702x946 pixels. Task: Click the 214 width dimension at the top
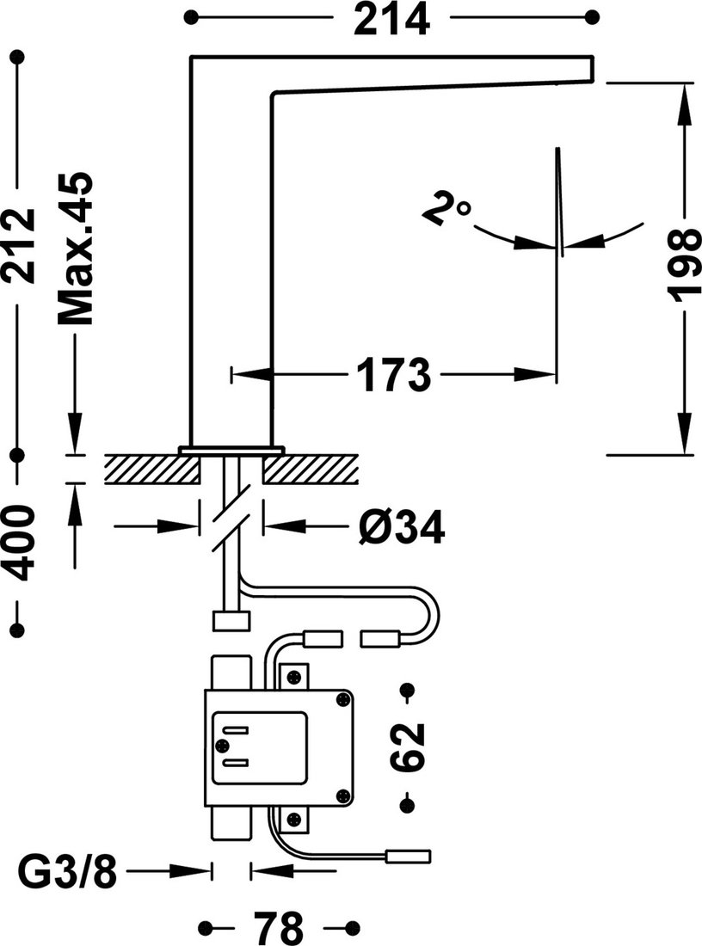click(x=391, y=19)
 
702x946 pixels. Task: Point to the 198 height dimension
click(x=686, y=264)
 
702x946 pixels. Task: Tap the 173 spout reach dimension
click(x=393, y=375)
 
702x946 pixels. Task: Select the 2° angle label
click(x=446, y=209)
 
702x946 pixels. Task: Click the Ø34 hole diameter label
click(x=401, y=526)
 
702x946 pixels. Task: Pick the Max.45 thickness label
click(x=76, y=249)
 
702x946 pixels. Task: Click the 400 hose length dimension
click(x=17, y=544)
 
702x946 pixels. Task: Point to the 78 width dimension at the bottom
click(x=278, y=927)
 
